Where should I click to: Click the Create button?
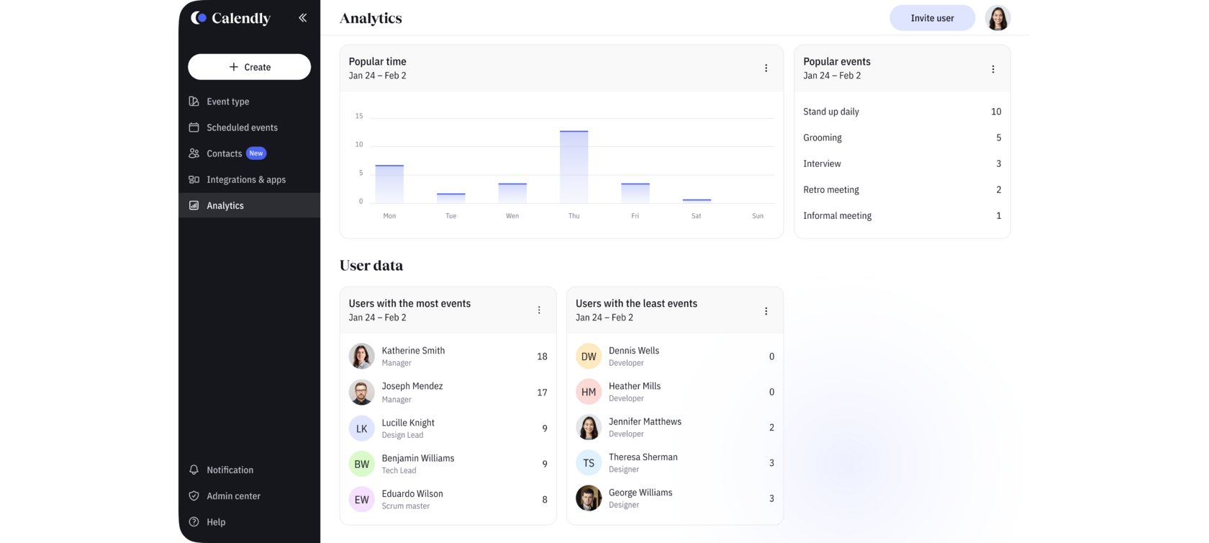click(249, 67)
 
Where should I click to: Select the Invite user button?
click(932, 18)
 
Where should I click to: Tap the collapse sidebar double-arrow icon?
click(303, 18)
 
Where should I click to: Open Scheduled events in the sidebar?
click(242, 127)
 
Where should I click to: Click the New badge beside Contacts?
click(256, 153)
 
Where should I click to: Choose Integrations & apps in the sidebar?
click(245, 179)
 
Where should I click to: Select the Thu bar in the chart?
click(574, 167)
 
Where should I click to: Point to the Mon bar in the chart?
click(389, 184)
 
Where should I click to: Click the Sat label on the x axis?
click(696, 216)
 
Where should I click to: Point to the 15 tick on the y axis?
click(359, 116)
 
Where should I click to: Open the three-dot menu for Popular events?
click(993, 69)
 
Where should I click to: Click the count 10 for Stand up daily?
click(996, 112)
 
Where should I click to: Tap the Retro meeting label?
click(831, 189)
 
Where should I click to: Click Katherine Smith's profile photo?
click(362, 356)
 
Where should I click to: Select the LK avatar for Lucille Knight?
click(362, 428)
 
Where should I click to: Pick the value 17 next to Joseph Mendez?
click(542, 392)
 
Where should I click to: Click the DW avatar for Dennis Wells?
click(589, 356)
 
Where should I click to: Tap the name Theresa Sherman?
click(643, 457)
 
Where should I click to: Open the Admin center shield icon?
click(194, 496)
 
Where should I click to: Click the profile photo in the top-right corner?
click(997, 18)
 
